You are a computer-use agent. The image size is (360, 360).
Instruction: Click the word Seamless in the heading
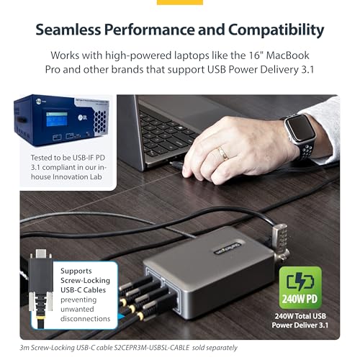[68, 30]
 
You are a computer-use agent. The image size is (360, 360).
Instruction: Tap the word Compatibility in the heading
[276, 30]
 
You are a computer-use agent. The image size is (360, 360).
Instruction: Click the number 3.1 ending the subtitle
[307, 70]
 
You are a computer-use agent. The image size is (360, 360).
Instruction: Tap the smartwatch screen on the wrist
[300, 128]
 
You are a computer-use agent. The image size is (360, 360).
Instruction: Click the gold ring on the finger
[223, 153]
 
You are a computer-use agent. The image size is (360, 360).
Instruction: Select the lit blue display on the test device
[57, 120]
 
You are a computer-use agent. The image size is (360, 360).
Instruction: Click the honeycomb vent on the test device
[99, 122]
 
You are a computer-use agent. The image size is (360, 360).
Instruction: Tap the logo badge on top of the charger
[230, 247]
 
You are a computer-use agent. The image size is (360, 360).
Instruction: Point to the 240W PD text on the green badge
[300, 299]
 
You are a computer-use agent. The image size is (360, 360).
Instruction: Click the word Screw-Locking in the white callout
[85, 280]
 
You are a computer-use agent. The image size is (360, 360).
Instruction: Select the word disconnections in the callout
[85, 319]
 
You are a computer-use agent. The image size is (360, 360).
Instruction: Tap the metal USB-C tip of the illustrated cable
[40, 253]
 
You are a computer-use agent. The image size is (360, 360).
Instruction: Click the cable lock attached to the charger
[282, 243]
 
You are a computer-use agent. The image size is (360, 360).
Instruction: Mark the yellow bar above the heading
[180, 2]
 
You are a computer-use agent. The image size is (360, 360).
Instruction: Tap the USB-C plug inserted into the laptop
[178, 165]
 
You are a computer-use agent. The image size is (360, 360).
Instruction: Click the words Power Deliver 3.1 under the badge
[300, 325]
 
